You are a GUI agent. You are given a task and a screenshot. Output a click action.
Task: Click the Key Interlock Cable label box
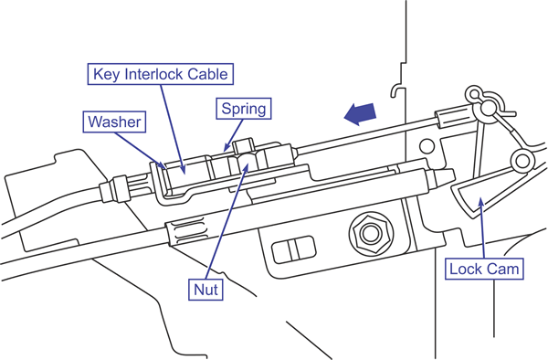pos(160,74)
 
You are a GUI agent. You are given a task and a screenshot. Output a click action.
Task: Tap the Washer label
pos(114,122)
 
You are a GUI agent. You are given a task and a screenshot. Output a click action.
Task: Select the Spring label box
pos(244,109)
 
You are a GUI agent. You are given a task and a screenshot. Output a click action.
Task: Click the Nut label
pos(205,289)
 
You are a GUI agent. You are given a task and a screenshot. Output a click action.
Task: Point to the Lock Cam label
pos(484,269)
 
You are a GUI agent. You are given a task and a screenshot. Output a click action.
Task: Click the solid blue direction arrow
pos(360,114)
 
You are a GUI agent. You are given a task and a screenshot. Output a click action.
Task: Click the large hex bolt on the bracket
pos(371,233)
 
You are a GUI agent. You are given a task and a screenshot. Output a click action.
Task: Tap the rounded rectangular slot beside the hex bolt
pos(293,249)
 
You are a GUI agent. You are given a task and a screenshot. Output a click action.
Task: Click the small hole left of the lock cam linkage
pos(427,146)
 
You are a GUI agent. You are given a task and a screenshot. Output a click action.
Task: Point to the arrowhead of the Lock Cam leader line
pos(481,202)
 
